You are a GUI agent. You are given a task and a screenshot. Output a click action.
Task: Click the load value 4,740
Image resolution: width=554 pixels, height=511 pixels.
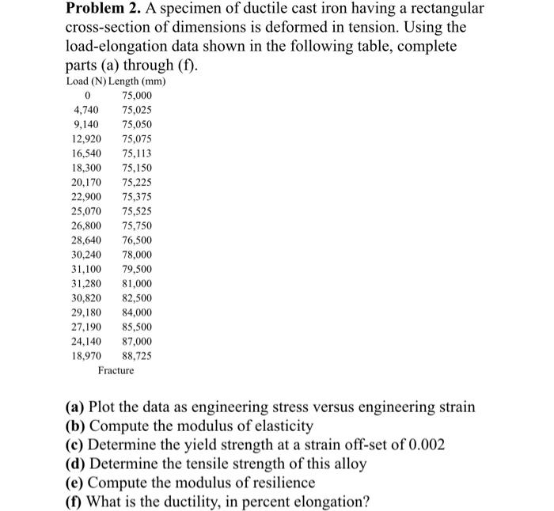tap(85, 111)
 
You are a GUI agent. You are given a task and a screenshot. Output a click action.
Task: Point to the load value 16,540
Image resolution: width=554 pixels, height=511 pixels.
tap(85, 154)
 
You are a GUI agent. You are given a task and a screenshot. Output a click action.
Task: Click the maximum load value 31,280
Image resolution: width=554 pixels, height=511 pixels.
tap(85, 284)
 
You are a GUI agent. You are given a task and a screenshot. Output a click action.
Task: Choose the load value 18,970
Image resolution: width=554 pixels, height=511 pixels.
tap(85, 356)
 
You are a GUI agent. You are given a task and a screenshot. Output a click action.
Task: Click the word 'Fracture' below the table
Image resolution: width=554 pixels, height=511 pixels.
tap(116, 370)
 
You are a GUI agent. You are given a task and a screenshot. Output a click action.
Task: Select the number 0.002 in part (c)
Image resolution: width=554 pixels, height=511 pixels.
tap(423, 445)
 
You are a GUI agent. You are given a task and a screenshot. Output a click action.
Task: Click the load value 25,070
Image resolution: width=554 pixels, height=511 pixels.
tap(85, 212)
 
